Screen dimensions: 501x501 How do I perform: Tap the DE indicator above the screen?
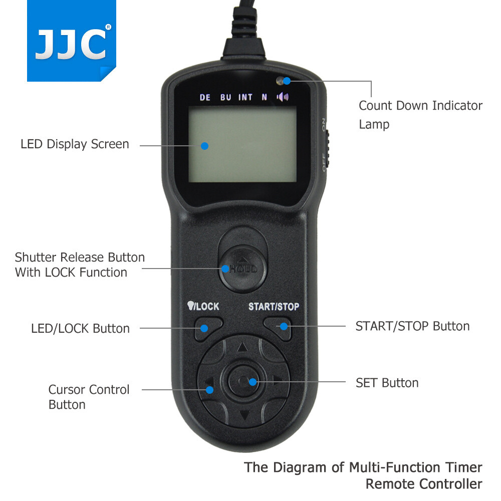click(205, 98)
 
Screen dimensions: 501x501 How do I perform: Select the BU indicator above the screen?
click(225, 98)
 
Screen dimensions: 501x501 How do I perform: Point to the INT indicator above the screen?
click(245, 98)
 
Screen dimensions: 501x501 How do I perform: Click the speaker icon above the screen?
click(283, 97)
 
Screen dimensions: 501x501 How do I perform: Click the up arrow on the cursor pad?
click(242, 347)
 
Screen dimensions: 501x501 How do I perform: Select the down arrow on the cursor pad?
click(244, 415)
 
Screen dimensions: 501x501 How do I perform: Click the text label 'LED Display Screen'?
click(75, 144)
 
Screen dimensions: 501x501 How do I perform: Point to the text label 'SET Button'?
click(387, 383)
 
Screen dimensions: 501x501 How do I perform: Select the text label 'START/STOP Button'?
click(412, 327)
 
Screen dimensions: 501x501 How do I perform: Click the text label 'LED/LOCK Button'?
click(80, 329)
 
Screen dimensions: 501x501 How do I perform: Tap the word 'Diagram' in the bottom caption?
click(302, 468)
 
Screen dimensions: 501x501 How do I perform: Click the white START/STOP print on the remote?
click(274, 307)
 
